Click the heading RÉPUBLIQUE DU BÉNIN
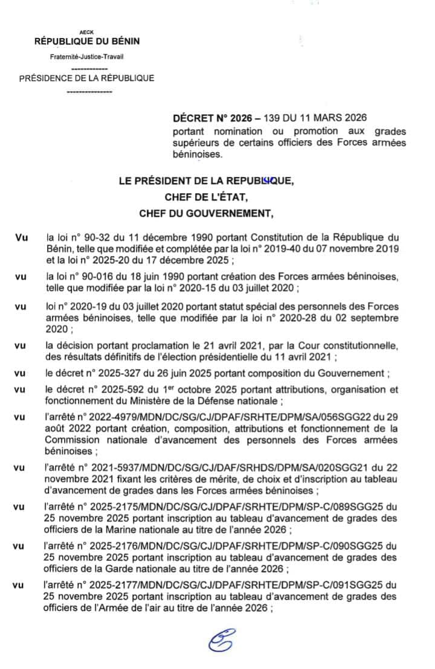[86, 41]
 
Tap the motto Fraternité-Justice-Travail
[86, 57]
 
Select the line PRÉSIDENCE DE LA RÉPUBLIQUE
[87, 78]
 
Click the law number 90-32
[93, 238]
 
